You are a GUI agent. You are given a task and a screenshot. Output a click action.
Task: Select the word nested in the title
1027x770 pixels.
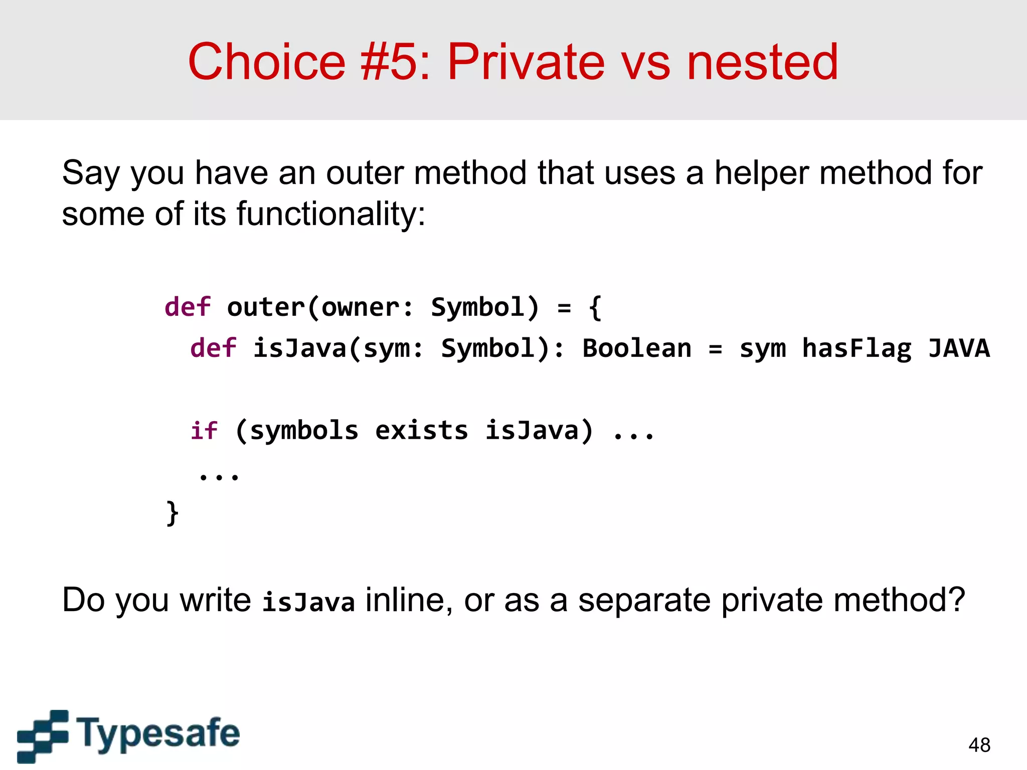pyautogui.click(x=762, y=62)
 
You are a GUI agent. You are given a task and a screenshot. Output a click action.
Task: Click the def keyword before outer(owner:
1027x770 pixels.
pyautogui.click(x=188, y=307)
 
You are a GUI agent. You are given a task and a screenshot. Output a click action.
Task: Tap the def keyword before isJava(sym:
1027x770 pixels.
pyautogui.click(x=213, y=348)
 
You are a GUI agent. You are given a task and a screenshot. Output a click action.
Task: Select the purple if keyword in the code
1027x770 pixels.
pyautogui.click(x=204, y=431)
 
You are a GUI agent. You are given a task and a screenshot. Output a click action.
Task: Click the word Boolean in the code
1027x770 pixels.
pyautogui.click(x=636, y=348)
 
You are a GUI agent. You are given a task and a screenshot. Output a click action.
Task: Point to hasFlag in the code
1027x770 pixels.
pyautogui.click(x=857, y=348)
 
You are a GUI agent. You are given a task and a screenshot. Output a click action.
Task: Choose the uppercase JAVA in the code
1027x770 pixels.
pyautogui.click(x=959, y=348)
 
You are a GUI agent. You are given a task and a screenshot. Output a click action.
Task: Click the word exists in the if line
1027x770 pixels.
pyautogui.click(x=422, y=431)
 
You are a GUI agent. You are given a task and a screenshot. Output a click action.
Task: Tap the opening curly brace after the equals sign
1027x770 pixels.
pyautogui.click(x=595, y=307)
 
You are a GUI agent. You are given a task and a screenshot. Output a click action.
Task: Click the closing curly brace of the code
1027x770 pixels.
pyautogui.click(x=172, y=512)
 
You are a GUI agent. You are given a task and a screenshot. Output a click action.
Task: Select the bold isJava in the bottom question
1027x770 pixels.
pyautogui.click(x=308, y=602)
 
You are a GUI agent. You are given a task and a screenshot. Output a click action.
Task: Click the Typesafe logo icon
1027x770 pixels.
pyautogui.click(x=43, y=735)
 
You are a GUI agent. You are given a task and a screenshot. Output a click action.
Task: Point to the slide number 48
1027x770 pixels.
pyautogui.click(x=979, y=745)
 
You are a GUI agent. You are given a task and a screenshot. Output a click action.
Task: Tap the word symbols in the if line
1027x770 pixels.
pyautogui.click(x=304, y=431)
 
